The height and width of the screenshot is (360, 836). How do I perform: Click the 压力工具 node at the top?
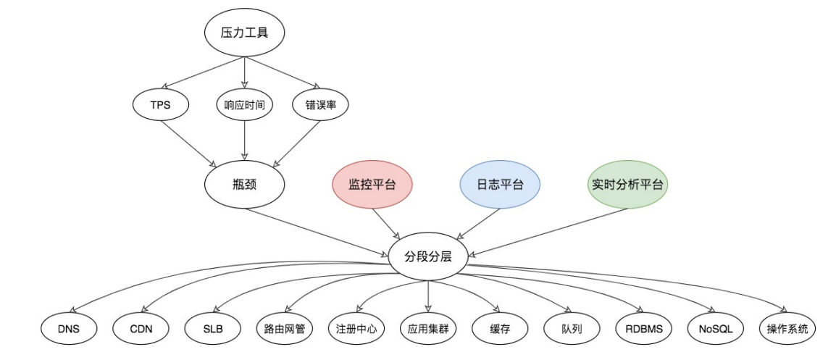pyautogui.click(x=244, y=33)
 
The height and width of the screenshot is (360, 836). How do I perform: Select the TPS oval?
pyautogui.click(x=161, y=105)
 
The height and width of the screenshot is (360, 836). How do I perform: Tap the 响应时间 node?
pyautogui.click(x=244, y=105)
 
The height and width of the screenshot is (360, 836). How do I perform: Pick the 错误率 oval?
pyautogui.click(x=320, y=105)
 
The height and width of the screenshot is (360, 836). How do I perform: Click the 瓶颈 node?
pyautogui.click(x=244, y=185)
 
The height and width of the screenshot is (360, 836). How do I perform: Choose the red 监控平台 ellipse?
pyautogui.click(x=372, y=185)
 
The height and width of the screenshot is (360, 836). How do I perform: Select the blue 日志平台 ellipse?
pyautogui.click(x=500, y=185)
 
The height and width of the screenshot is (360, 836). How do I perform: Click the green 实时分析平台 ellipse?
pyautogui.click(x=627, y=185)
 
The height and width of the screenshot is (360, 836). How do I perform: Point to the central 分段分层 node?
pyautogui.click(x=428, y=256)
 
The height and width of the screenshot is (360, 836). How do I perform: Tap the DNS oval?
pyautogui.click(x=69, y=329)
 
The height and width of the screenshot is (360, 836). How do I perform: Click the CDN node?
pyautogui.click(x=141, y=329)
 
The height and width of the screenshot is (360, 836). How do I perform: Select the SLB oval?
pyautogui.click(x=213, y=329)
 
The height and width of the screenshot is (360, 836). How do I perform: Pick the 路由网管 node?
pyautogui.click(x=284, y=329)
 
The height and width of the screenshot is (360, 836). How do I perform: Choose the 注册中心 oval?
pyautogui.click(x=356, y=329)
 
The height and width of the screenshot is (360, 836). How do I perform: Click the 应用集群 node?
pyautogui.click(x=428, y=329)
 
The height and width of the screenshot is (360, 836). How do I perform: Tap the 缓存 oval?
pyautogui.click(x=500, y=329)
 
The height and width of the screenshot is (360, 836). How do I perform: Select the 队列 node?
pyautogui.click(x=572, y=329)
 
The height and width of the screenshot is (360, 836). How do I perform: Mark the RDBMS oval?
pyautogui.click(x=643, y=329)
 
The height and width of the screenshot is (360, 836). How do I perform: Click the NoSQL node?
pyautogui.click(x=716, y=329)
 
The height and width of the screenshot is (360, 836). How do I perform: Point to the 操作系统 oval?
pyautogui.click(x=787, y=329)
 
